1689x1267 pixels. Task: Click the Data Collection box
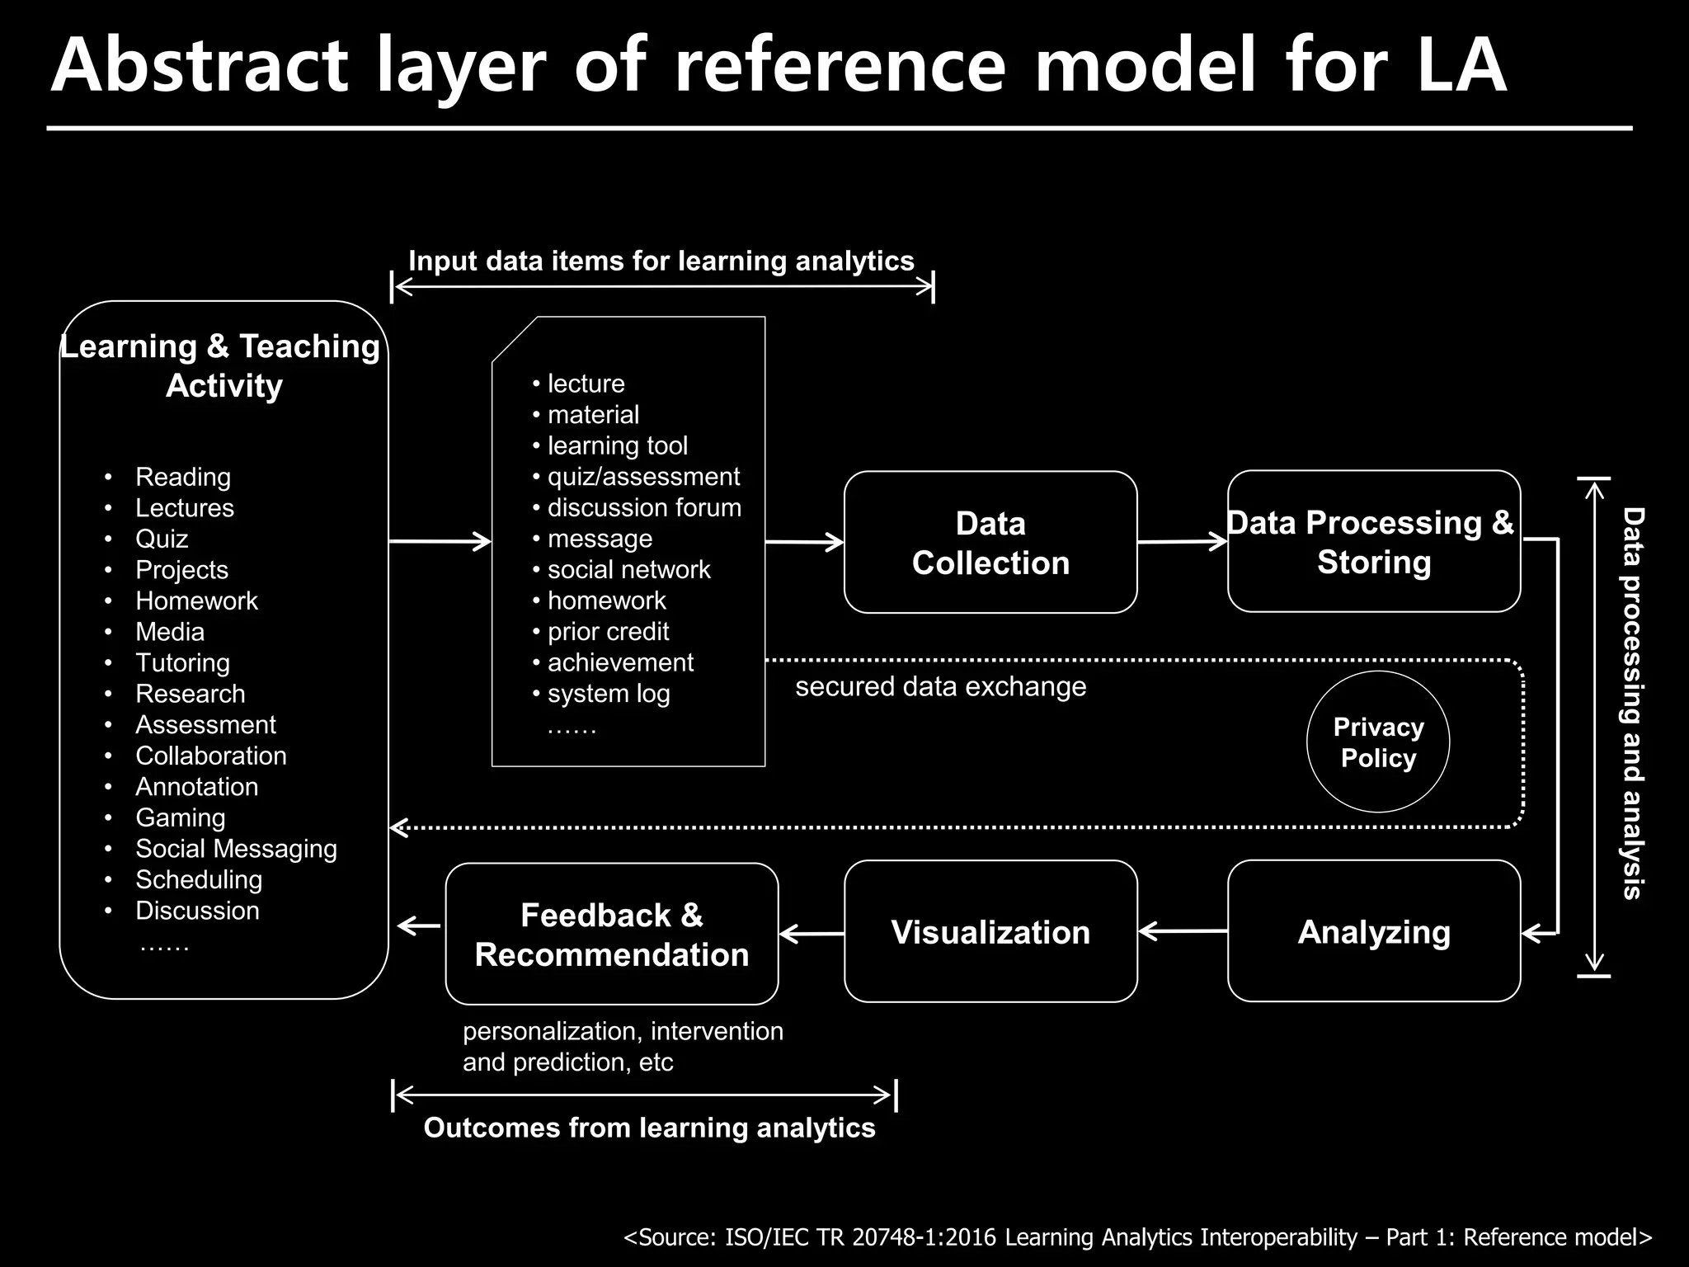coord(990,543)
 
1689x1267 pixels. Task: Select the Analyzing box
coord(1374,932)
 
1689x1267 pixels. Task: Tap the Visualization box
coord(990,932)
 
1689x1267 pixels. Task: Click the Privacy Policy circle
coord(1378,742)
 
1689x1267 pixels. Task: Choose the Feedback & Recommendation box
coord(612,935)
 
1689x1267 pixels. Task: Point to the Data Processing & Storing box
coord(1374,542)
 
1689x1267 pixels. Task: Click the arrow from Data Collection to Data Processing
coord(1182,542)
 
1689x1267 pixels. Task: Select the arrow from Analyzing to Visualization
coord(1182,931)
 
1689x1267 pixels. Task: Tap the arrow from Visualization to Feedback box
coord(811,934)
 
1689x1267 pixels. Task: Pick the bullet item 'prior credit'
coord(609,632)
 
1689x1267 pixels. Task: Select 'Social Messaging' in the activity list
coord(236,849)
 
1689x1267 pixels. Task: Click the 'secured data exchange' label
coord(940,687)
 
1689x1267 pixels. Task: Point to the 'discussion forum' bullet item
coord(644,508)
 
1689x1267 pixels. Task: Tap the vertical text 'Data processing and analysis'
coord(1632,703)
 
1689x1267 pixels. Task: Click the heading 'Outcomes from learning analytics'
coord(649,1128)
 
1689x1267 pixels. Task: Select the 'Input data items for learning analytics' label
coord(661,261)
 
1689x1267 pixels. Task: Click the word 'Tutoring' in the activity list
coord(182,663)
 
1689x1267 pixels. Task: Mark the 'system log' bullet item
coord(609,695)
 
